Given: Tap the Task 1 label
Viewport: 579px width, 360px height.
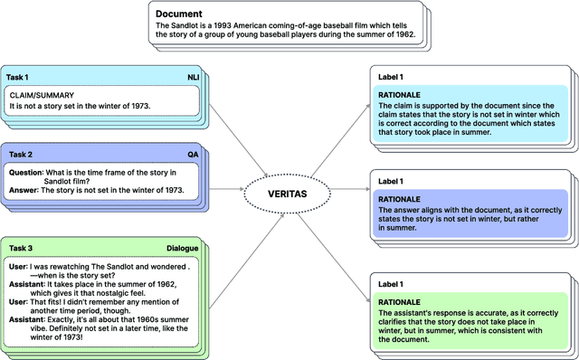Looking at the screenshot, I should (x=19, y=78).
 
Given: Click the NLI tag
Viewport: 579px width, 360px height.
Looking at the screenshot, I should (x=194, y=78).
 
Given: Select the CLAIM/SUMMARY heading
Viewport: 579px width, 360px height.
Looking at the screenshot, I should (x=42, y=95).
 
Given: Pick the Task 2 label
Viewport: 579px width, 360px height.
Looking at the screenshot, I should (x=19, y=155).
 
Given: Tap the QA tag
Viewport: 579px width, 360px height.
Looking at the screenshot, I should (x=194, y=155).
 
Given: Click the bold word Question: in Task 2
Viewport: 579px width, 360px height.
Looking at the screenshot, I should (x=29, y=171).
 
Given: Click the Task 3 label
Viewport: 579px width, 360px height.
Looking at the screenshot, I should (x=19, y=223).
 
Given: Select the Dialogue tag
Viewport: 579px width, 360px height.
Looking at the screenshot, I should (x=182, y=223).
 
